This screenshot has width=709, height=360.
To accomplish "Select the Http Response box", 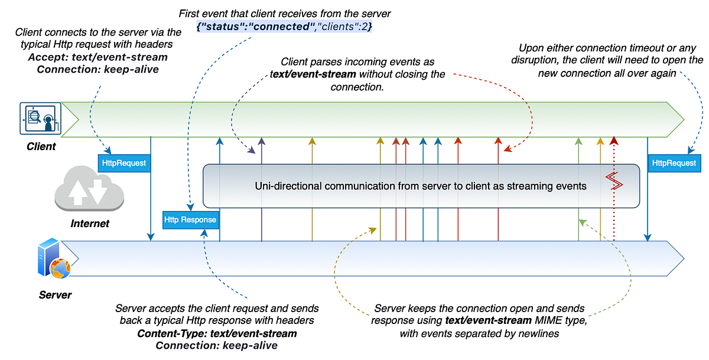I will (x=191, y=220).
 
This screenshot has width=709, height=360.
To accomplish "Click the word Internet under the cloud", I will (x=90, y=224).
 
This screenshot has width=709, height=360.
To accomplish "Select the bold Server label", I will (x=54, y=294).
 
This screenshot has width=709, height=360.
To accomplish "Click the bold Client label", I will (x=41, y=146).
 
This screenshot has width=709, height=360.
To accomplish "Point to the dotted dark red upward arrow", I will (x=614, y=195).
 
